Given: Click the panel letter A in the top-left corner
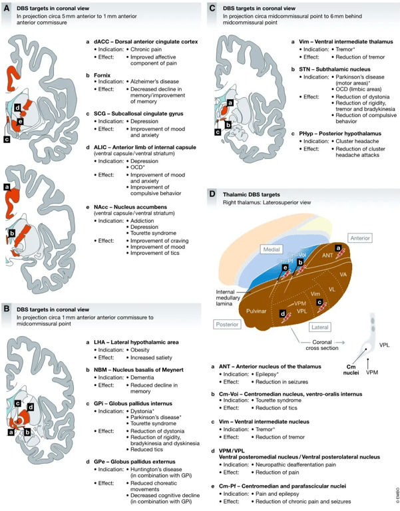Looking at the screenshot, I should (x=7, y=9).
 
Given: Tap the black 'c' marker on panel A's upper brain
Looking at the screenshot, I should (x=7, y=140).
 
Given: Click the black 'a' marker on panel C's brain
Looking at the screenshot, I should (x=230, y=103).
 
